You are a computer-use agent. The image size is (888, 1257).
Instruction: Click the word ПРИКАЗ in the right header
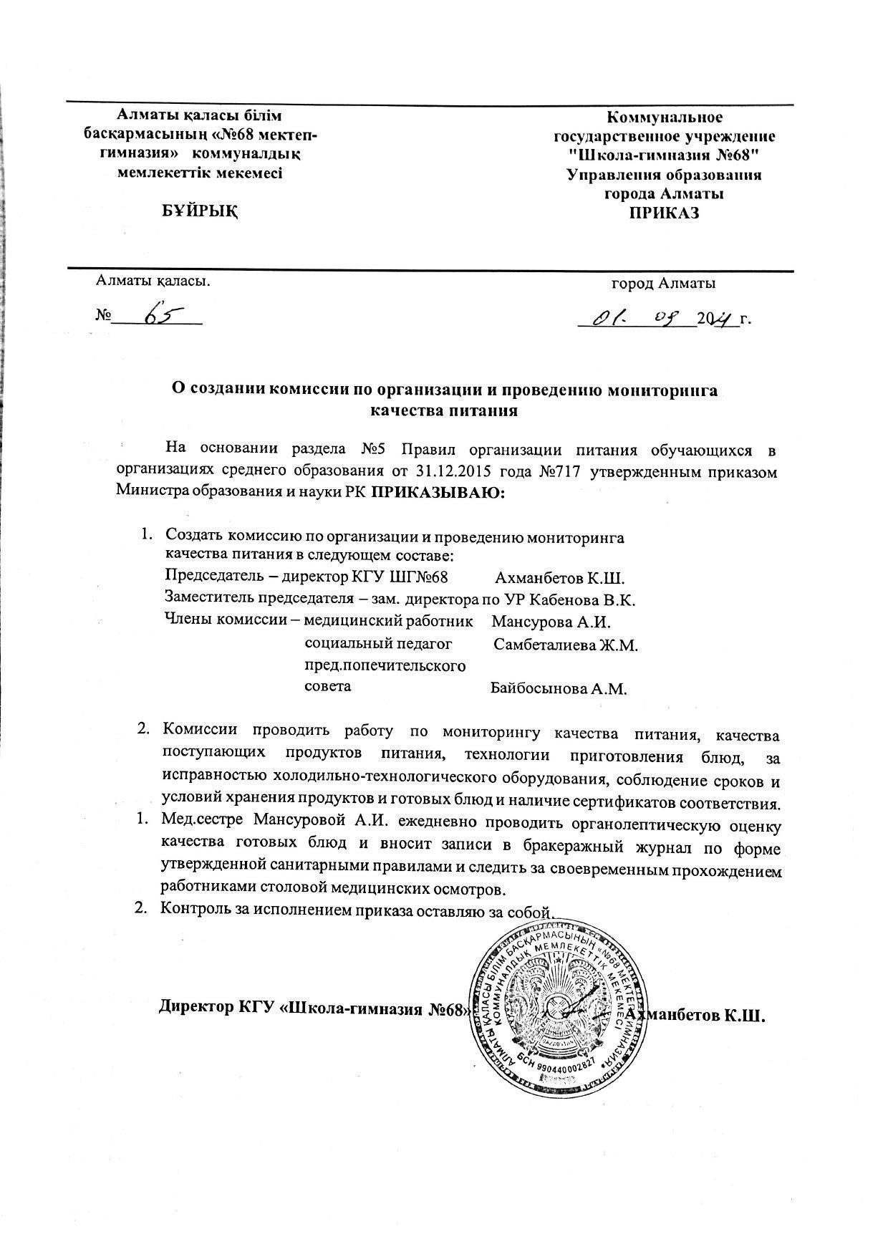pos(664,213)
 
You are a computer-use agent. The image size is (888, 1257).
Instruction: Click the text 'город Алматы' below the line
pos(663,284)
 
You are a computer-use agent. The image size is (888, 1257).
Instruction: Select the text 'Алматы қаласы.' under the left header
pos(153,280)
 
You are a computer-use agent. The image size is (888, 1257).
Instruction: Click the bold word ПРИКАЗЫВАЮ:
pos(438,491)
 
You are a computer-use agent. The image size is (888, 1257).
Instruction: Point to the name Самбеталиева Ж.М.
pos(565,645)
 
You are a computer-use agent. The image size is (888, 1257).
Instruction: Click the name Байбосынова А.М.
pos(559,690)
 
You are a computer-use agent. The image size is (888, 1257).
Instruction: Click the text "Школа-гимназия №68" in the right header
pos(663,155)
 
